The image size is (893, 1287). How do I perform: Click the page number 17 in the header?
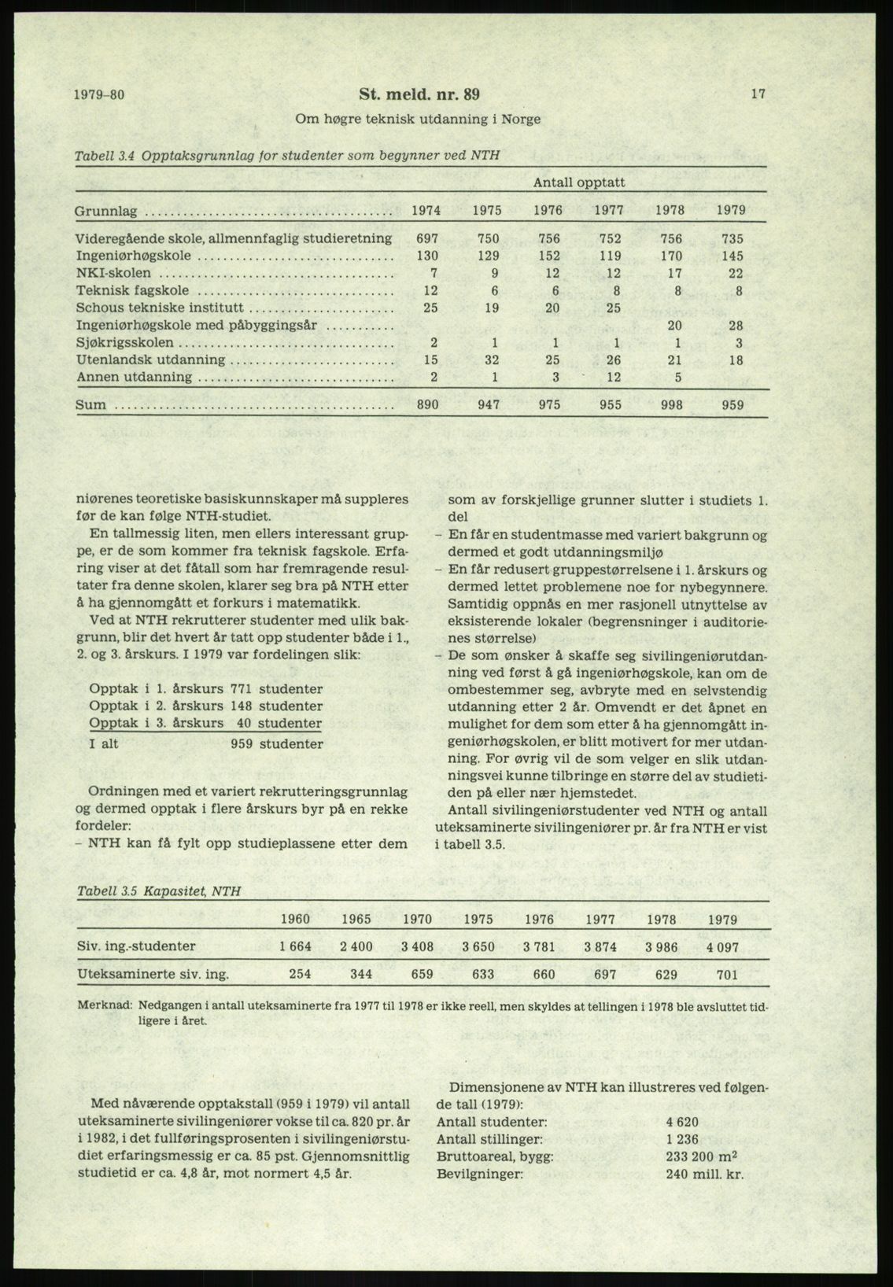(758, 94)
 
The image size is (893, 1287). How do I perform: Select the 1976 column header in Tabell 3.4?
(548, 211)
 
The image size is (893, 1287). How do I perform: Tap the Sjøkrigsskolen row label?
(126, 343)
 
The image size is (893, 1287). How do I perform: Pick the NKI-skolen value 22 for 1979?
(735, 274)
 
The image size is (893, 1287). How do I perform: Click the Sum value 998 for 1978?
(671, 406)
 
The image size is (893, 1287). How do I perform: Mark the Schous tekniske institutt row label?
(159, 308)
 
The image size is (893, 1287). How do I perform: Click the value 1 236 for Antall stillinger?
(681, 1139)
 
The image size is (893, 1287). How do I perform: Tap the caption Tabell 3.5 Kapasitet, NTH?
(159, 891)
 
